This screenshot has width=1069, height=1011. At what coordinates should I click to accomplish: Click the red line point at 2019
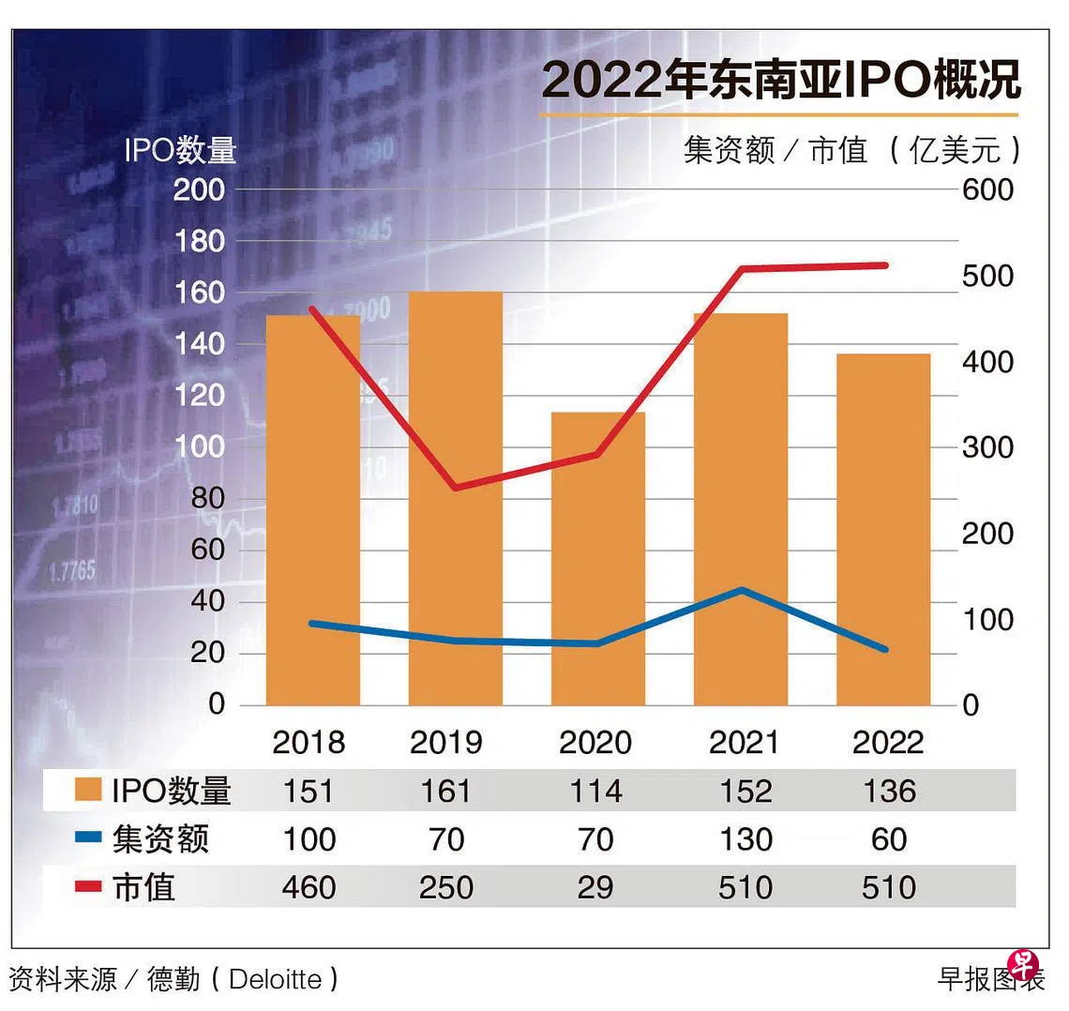click(x=455, y=488)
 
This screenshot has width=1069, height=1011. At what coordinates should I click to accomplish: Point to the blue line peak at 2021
click(x=742, y=590)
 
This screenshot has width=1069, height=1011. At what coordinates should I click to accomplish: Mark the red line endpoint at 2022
click(x=883, y=265)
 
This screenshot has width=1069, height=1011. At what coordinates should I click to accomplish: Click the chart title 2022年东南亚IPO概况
click(x=780, y=80)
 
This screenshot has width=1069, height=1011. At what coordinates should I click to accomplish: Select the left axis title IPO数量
click(x=180, y=150)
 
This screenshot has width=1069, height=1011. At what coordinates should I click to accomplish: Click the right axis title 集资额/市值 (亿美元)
click(x=851, y=149)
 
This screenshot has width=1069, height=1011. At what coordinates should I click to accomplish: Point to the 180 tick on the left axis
click(x=200, y=241)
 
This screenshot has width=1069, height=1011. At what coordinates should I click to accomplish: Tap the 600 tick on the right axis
click(x=987, y=189)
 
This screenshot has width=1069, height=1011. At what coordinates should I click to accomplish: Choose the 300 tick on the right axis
click(x=987, y=447)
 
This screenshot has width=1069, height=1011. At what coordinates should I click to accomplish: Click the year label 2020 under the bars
click(x=595, y=743)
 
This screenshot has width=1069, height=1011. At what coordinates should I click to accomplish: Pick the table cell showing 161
click(x=446, y=791)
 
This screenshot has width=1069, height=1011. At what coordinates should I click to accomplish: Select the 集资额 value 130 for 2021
click(x=745, y=838)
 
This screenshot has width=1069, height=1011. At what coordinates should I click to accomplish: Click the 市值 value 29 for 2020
click(x=595, y=887)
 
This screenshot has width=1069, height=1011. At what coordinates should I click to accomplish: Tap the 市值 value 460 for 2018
click(x=309, y=887)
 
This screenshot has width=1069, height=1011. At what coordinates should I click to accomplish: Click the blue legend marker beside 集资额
click(x=88, y=837)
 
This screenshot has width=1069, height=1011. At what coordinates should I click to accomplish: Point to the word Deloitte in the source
click(x=275, y=979)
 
